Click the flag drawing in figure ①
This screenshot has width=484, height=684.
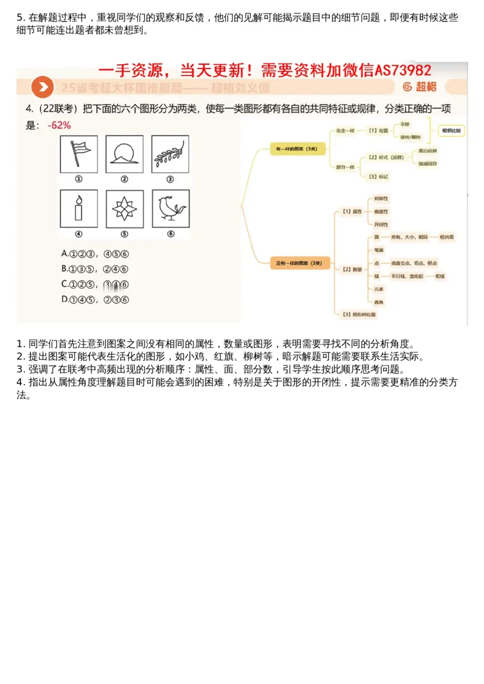tap(79, 154)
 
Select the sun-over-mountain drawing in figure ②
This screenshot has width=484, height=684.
tap(124, 154)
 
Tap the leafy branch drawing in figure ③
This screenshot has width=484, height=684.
tap(170, 154)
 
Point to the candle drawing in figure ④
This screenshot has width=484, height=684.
tap(79, 209)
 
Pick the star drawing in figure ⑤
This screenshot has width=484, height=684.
tap(124, 209)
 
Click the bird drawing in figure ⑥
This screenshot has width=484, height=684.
tap(170, 209)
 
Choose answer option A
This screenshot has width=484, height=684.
tap(95, 255)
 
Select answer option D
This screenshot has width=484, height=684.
tap(95, 299)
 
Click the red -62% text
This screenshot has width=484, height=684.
tap(59, 125)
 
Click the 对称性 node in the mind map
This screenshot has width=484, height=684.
tap(381, 198)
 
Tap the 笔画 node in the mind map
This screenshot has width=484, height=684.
tap(379, 249)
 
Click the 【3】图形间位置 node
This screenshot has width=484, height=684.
tap(359, 314)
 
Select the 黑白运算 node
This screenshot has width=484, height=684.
tap(428, 151)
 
